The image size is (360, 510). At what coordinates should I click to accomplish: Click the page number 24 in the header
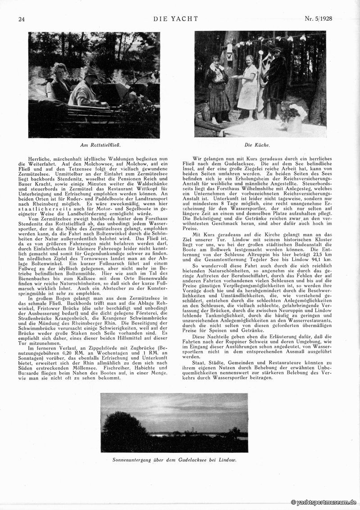(21, 19)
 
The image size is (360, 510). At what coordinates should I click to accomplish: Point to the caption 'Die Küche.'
(257, 145)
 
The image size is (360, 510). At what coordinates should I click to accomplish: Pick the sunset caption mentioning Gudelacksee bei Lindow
(174, 460)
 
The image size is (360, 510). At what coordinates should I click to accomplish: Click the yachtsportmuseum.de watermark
(324, 502)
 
